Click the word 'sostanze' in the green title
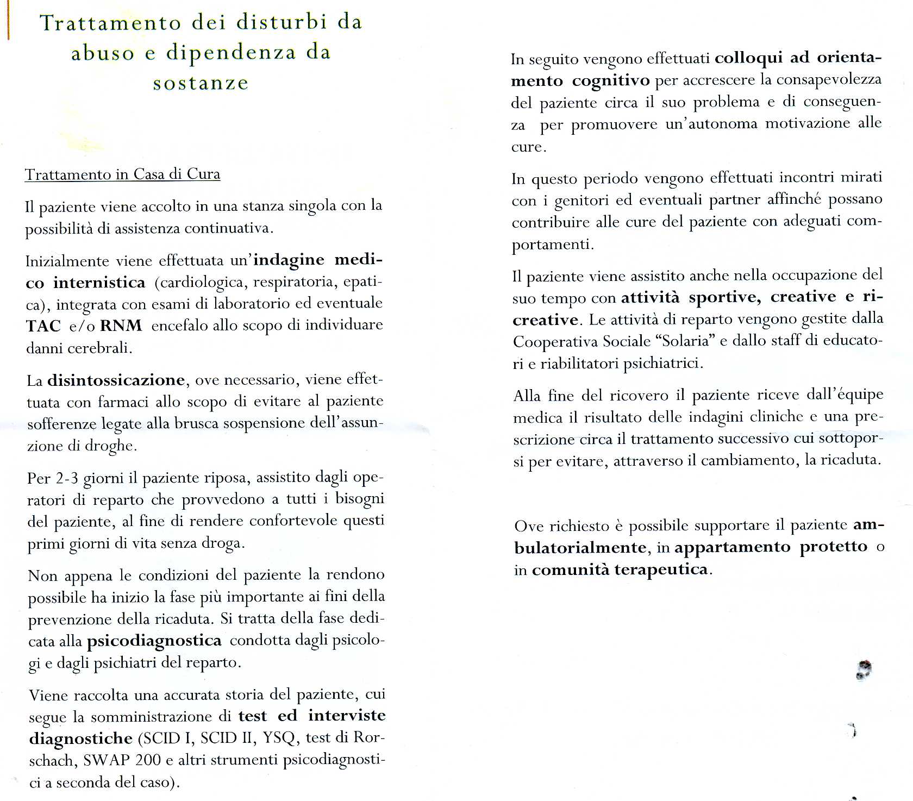pyautogui.click(x=201, y=83)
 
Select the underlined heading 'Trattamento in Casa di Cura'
pyautogui.click(x=123, y=174)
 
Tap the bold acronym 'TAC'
pyautogui.click(x=43, y=326)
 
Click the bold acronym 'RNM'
pyautogui.click(x=121, y=326)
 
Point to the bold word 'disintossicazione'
pyautogui.click(x=116, y=380)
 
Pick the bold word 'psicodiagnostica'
pyautogui.click(x=154, y=641)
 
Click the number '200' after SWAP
pyautogui.click(x=148, y=760)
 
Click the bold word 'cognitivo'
pyautogui.click(x=611, y=81)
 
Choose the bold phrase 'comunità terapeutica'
pyautogui.click(x=620, y=570)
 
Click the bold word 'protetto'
pyautogui.click(x=833, y=547)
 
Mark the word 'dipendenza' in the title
pyautogui.click(x=231, y=53)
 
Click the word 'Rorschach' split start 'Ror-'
pyautogui.click(x=369, y=737)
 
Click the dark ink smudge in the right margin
pyautogui.click(x=864, y=669)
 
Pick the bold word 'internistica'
pyautogui.click(x=99, y=283)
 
